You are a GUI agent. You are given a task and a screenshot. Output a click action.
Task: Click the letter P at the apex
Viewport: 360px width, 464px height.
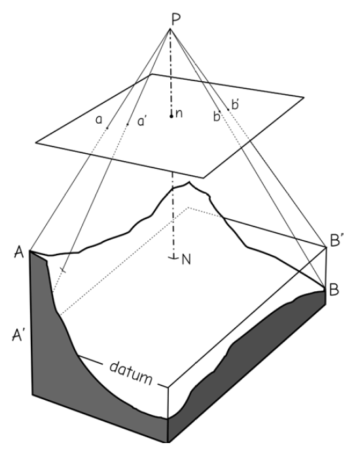[x=176, y=20]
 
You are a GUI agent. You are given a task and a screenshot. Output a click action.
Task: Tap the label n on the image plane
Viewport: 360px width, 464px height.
[x=179, y=114]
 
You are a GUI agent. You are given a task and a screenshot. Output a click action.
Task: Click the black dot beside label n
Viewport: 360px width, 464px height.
[x=171, y=116]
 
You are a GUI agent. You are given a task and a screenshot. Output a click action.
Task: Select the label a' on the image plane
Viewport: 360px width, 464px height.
[x=142, y=121]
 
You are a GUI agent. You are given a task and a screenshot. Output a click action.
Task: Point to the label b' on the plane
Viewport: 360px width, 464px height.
[x=236, y=105]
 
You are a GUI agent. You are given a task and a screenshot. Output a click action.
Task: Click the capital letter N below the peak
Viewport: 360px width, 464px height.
[x=186, y=260]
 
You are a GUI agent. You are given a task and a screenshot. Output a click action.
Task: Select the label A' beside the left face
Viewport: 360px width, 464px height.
[x=17, y=335]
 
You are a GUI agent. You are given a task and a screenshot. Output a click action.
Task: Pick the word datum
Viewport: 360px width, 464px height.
[x=131, y=372]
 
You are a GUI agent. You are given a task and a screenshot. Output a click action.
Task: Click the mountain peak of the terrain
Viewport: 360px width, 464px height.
[x=189, y=183]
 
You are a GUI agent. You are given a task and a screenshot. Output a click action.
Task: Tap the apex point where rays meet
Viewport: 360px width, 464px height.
[x=170, y=29]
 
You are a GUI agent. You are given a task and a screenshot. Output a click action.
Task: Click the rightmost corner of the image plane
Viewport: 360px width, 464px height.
[x=304, y=97]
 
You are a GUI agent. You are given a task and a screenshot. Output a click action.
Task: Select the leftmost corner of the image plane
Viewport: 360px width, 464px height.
[x=36, y=143]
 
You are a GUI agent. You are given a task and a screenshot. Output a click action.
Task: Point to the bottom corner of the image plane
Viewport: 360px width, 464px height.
[x=204, y=178]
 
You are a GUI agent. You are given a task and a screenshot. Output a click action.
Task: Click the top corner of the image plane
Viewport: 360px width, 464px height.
[x=151, y=74]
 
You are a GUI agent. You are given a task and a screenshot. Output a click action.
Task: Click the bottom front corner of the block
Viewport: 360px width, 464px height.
[x=168, y=442]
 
